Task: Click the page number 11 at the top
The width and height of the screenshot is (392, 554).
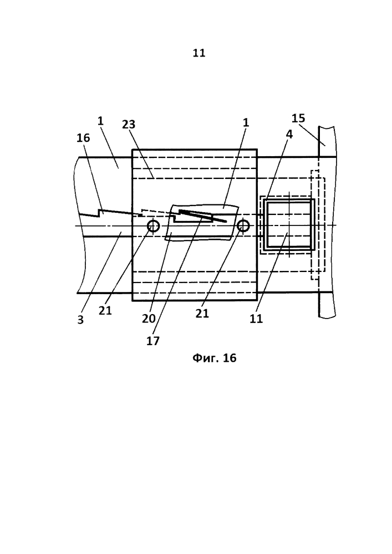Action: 199,53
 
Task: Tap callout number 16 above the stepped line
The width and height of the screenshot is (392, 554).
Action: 83,138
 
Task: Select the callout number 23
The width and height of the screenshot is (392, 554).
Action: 129,124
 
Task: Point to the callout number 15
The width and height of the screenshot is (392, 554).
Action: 298,118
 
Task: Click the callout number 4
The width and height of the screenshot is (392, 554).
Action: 289,134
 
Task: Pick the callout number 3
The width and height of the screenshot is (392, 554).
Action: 80,320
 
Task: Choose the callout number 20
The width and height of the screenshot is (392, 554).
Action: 149,319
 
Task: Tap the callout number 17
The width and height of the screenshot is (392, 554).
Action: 153,341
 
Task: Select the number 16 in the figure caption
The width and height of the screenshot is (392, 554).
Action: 230,358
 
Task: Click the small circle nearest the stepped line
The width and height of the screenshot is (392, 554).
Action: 154,225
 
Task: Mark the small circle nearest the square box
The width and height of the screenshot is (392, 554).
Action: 243,225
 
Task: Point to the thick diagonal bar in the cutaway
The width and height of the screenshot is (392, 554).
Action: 202,216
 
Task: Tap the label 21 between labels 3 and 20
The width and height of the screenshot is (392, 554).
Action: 105,311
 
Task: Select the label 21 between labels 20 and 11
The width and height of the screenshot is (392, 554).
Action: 202,313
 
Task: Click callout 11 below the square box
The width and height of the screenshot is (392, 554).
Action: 257,319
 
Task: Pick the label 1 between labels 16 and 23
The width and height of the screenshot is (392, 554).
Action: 100,121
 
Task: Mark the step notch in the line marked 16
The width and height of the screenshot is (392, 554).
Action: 100,213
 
